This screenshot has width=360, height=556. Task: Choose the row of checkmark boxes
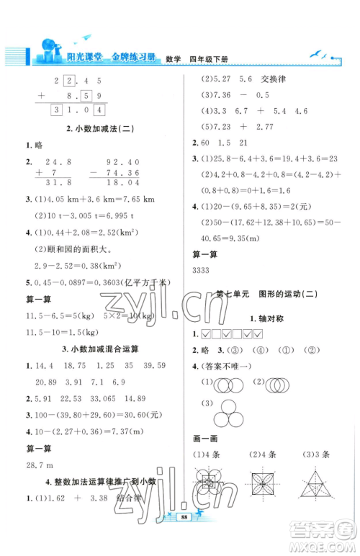(x=230, y=334)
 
